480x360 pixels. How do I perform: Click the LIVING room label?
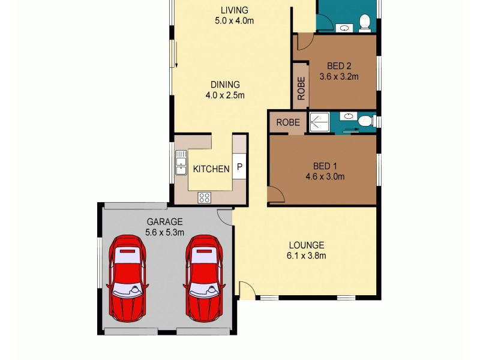tap(234, 10)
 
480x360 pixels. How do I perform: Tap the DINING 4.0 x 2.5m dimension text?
tap(225, 95)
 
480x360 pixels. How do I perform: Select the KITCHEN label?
tap(211, 169)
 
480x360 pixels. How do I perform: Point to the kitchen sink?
tap(181, 163)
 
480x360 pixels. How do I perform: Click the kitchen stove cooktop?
tap(204, 196)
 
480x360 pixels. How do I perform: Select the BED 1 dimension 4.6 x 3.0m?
tap(325, 176)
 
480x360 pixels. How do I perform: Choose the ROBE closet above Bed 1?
tap(288, 122)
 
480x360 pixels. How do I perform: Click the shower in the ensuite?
tap(319, 122)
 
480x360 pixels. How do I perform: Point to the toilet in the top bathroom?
tap(364, 23)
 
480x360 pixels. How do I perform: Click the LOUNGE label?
tap(306, 245)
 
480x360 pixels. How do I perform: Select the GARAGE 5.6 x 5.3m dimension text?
tap(164, 232)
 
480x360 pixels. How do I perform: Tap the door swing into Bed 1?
tap(275, 194)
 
